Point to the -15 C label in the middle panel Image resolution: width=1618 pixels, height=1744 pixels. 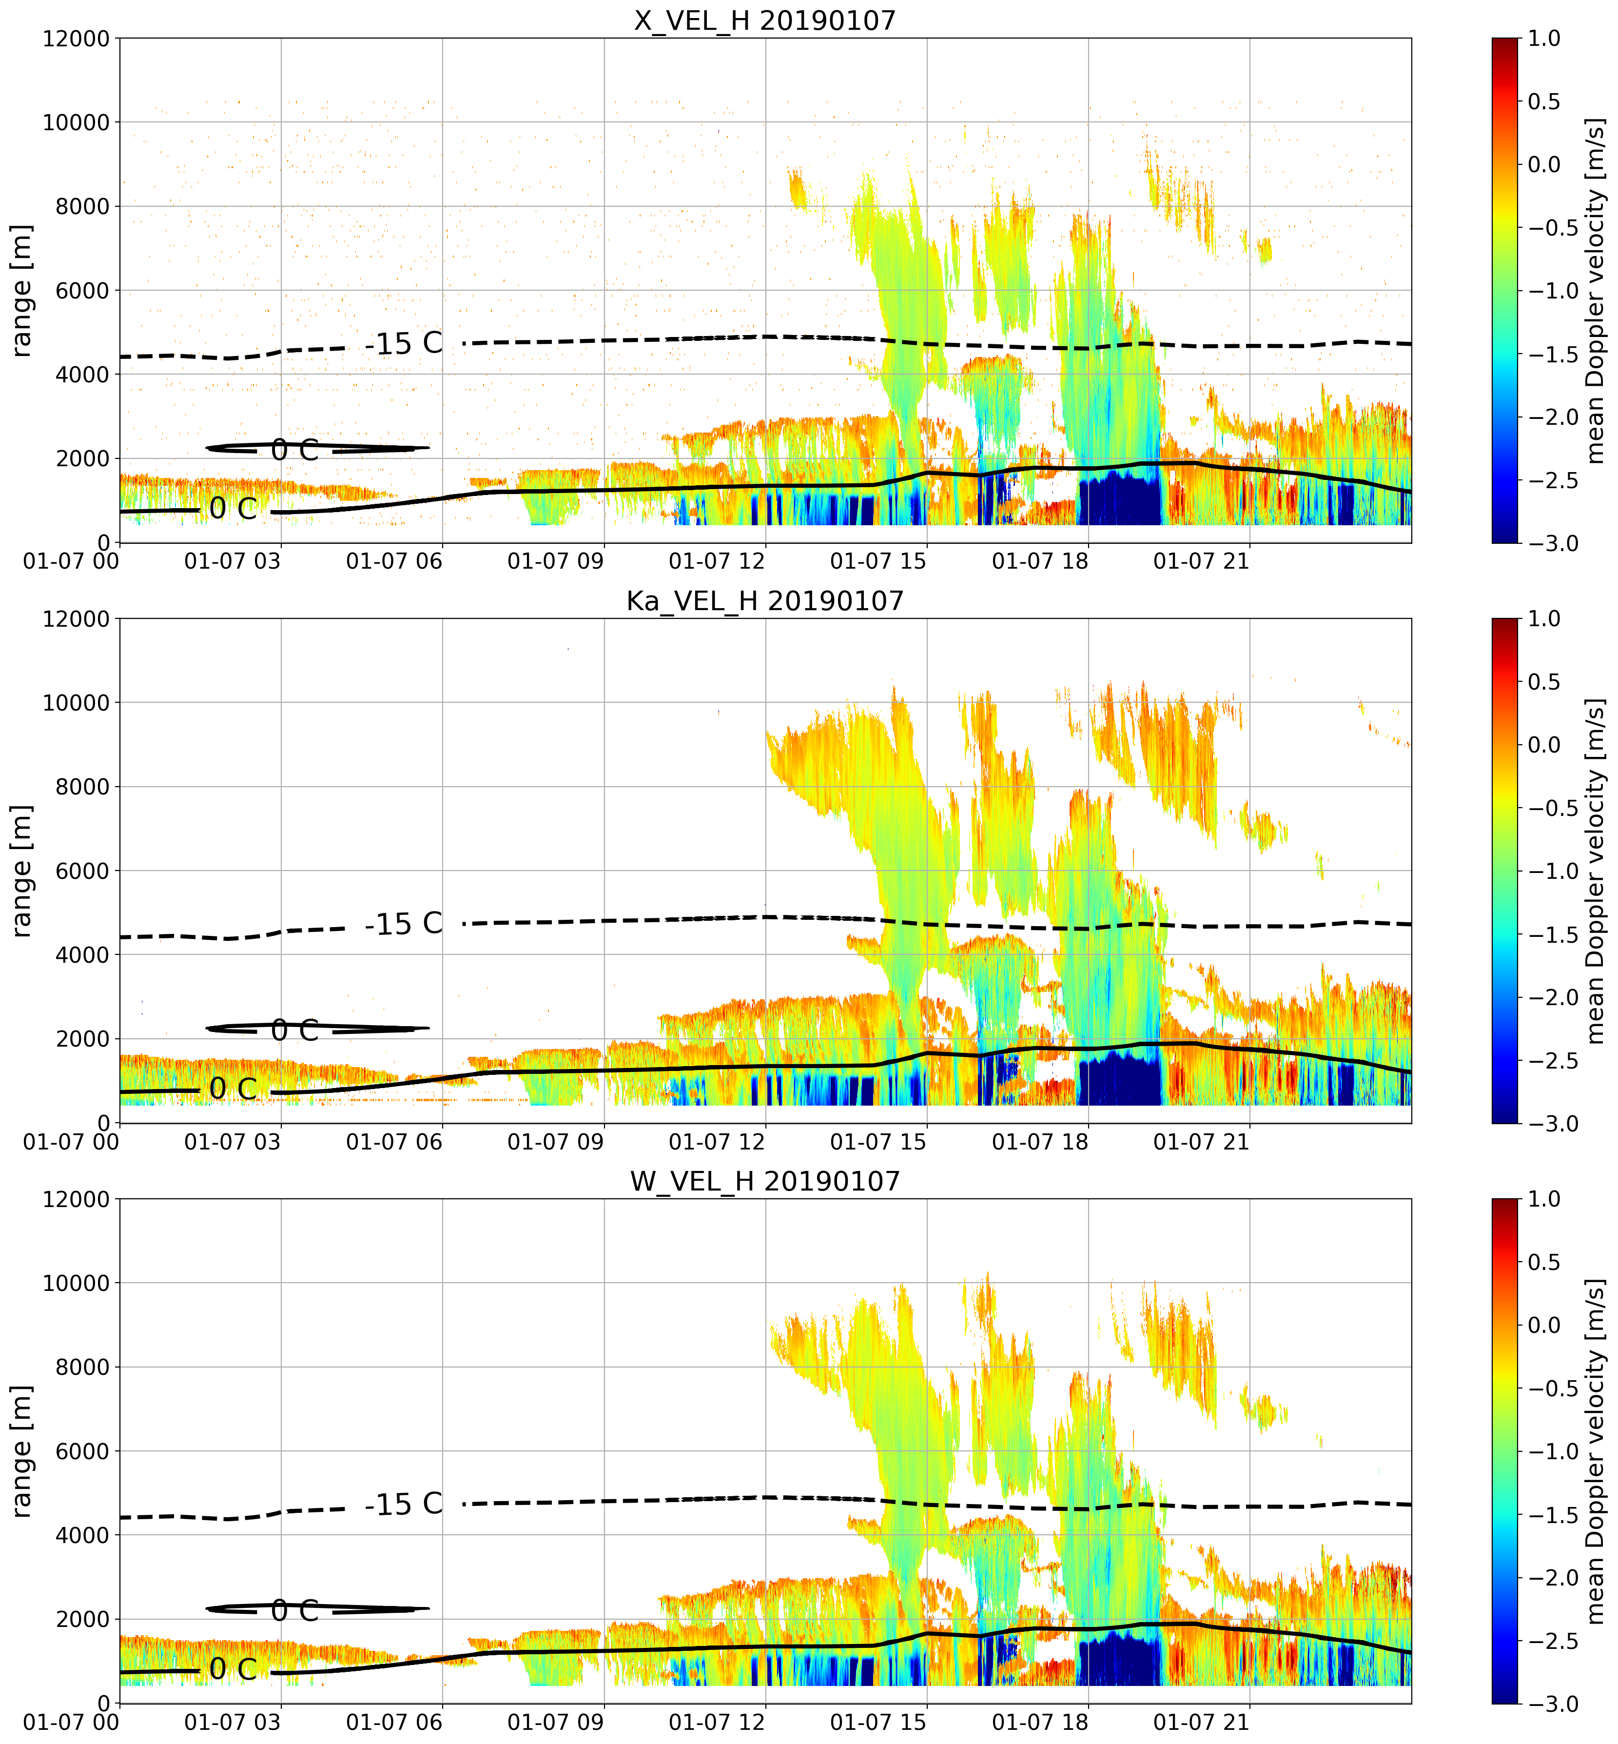click(x=404, y=923)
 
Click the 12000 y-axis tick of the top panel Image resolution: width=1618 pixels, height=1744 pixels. click(x=76, y=39)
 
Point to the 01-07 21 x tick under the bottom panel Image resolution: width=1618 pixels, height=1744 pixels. click(x=1201, y=1722)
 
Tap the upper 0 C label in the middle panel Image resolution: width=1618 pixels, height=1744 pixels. click(x=295, y=1030)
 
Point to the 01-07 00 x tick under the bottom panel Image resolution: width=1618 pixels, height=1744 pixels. click(x=71, y=1722)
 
